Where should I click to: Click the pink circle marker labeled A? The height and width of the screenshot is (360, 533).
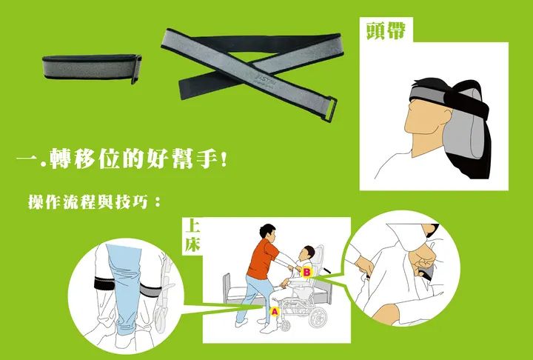275,311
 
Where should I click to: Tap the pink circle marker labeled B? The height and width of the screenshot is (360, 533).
307,272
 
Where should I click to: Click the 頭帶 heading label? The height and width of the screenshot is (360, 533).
386,30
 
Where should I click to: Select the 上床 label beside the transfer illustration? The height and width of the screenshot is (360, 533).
192,236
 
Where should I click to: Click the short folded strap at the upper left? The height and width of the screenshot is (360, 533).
92,67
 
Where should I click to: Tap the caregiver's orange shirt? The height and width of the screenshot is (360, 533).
261,259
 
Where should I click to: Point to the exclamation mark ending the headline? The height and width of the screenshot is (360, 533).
224,159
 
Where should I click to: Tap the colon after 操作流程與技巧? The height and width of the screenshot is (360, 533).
157,202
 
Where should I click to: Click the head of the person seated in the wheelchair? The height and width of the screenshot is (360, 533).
309,253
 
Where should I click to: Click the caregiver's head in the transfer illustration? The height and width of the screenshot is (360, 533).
267,232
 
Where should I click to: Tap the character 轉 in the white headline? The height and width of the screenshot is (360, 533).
61,159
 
